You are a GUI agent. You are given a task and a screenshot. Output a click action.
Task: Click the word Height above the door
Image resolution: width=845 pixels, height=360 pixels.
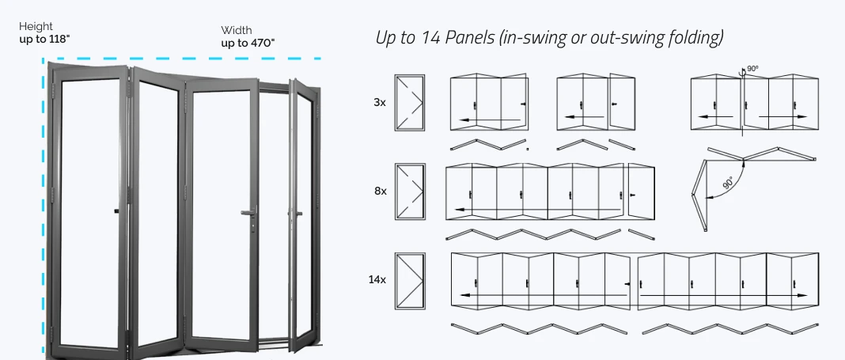click(x=36, y=26)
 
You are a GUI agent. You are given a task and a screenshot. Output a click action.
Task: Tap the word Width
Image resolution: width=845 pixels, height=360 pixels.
click(x=237, y=31)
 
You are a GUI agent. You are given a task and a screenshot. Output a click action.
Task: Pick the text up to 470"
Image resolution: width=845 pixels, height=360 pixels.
click(x=248, y=43)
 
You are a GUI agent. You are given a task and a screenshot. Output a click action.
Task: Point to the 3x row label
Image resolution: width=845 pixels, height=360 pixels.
click(x=380, y=102)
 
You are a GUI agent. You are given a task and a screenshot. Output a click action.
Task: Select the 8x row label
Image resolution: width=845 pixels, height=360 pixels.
click(x=380, y=191)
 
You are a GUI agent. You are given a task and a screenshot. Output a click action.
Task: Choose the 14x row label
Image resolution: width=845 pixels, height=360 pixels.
click(x=377, y=279)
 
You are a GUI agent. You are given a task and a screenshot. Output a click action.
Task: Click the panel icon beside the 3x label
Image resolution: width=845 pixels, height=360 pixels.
click(x=410, y=102)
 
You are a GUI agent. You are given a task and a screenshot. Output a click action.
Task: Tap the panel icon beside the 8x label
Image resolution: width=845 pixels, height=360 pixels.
click(x=410, y=191)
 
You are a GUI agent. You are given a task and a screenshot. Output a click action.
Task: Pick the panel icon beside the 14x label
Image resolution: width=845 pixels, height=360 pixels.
click(x=410, y=279)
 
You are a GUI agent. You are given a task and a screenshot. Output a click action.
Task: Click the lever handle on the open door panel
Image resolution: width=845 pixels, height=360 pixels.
click(x=249, y=212)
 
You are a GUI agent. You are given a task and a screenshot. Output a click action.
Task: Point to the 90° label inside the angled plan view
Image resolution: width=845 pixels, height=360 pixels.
click(x=728, y=183)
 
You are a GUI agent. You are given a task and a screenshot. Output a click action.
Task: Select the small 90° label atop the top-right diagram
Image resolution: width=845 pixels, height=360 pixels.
click(x=752, y=69)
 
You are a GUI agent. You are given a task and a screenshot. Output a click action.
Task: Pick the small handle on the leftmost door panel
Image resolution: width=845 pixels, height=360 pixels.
click(x=117, y=211)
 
